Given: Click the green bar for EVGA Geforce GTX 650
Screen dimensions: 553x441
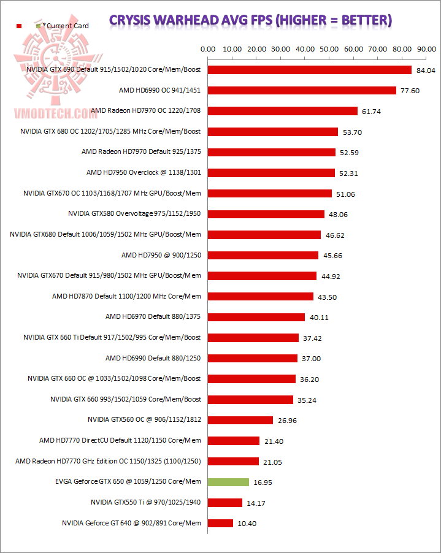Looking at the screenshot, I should click(x=229, y=482).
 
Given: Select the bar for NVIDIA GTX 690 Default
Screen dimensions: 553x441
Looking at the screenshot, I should click(x=310, y=70).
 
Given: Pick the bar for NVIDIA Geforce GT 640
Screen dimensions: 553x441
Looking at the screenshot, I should click(x=221, y=523).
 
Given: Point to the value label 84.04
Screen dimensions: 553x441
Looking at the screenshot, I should click(x=425, y=71).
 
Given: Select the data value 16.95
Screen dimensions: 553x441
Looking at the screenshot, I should click(x=263, y=482).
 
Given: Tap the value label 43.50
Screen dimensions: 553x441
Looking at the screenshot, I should click(x=328, y=297).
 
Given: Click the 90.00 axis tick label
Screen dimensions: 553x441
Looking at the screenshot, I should click(x=424, y=48).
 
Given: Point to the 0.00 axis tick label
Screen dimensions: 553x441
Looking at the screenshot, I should click(x=209, y=48).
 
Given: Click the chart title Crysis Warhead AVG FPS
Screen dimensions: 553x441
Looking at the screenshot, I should click(x=250, y=20).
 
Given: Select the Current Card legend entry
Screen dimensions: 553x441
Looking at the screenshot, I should click(x=65, y=26).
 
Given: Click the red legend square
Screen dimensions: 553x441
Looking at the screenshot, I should click(x=19, y=26).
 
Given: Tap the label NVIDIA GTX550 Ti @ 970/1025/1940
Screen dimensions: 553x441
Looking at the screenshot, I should click(x=145, y=502).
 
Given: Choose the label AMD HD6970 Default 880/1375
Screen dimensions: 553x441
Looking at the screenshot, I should click(x=153, y=316).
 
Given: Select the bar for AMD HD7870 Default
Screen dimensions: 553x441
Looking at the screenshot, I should click(x=261, y=297).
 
